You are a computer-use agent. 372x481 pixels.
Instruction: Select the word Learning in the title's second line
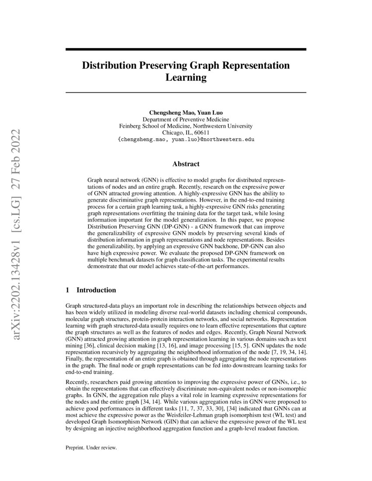(x=186, y=78)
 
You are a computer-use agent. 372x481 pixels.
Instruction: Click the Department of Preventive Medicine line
(x=186, y=119)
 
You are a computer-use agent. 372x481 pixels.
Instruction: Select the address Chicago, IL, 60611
(x=186, y=132)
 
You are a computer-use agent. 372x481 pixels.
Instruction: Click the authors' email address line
(x=186, y=139)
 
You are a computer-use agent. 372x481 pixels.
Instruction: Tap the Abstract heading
(x=186, y=164)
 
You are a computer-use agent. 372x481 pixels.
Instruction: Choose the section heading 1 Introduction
(x=91, y=290)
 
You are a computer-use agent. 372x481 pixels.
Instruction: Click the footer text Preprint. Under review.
(x=91, y=448)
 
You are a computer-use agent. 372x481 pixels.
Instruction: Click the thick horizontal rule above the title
(x=186, y=50)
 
